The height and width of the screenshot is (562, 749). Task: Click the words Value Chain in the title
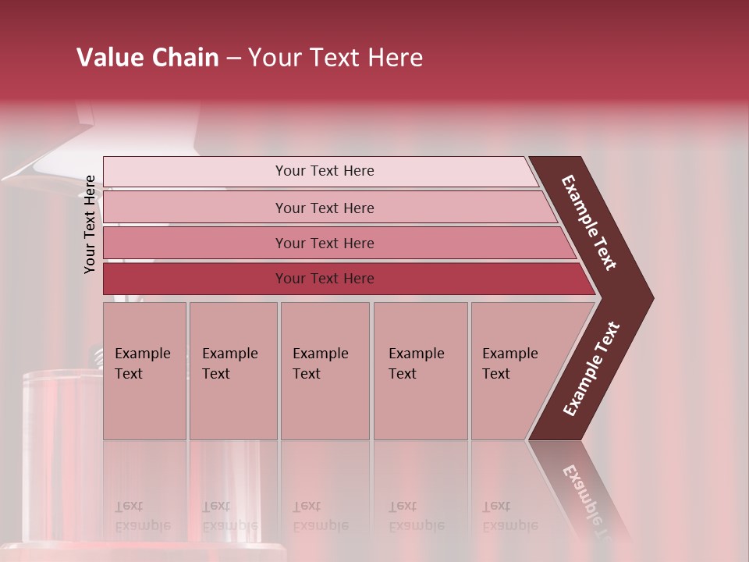click(147, 58)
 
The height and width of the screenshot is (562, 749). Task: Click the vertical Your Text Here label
click(91, 224)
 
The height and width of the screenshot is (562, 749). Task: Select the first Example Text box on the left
click(144, 371)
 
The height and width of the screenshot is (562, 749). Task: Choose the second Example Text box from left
click(233, 371)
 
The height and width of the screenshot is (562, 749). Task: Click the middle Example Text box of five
click(325, 371)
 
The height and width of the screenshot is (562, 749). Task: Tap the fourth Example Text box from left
click(421, 371)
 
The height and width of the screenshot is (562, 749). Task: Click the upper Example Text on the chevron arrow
click(589, 222)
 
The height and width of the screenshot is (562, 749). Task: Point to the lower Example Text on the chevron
click(591, 369)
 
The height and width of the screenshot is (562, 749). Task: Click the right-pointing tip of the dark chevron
click(649, 297)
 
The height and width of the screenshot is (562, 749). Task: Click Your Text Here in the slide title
click(335, 58)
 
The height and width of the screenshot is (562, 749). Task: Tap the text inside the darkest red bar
click(325, 279)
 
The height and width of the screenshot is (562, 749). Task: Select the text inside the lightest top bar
click(325, 171)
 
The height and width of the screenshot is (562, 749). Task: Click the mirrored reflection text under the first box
click(142, 516)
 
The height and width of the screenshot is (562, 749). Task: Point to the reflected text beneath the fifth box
click(509, 516)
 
